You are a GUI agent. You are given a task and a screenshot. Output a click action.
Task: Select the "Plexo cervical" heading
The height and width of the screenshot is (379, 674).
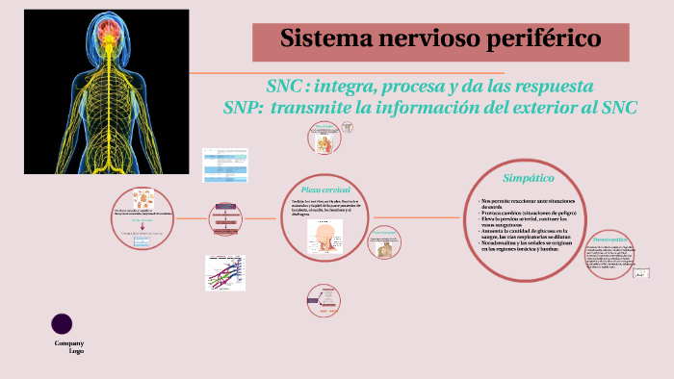click(x=325, y=189)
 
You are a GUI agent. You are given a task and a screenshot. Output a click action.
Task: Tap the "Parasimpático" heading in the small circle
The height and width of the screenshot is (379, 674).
click(x=610, y=238)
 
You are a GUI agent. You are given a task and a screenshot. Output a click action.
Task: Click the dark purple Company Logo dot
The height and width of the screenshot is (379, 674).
click(x=63, y=324)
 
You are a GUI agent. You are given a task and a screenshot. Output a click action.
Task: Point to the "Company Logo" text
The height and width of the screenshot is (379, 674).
click(x=69, y=347)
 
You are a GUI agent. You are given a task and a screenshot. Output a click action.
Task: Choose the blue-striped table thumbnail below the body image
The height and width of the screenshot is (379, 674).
click(x=224, y=165)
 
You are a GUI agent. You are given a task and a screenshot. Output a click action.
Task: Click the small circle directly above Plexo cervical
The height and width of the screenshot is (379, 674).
click(x=325, y=139)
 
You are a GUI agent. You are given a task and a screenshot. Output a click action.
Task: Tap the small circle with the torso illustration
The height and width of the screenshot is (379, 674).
click(x=384, y=244)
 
